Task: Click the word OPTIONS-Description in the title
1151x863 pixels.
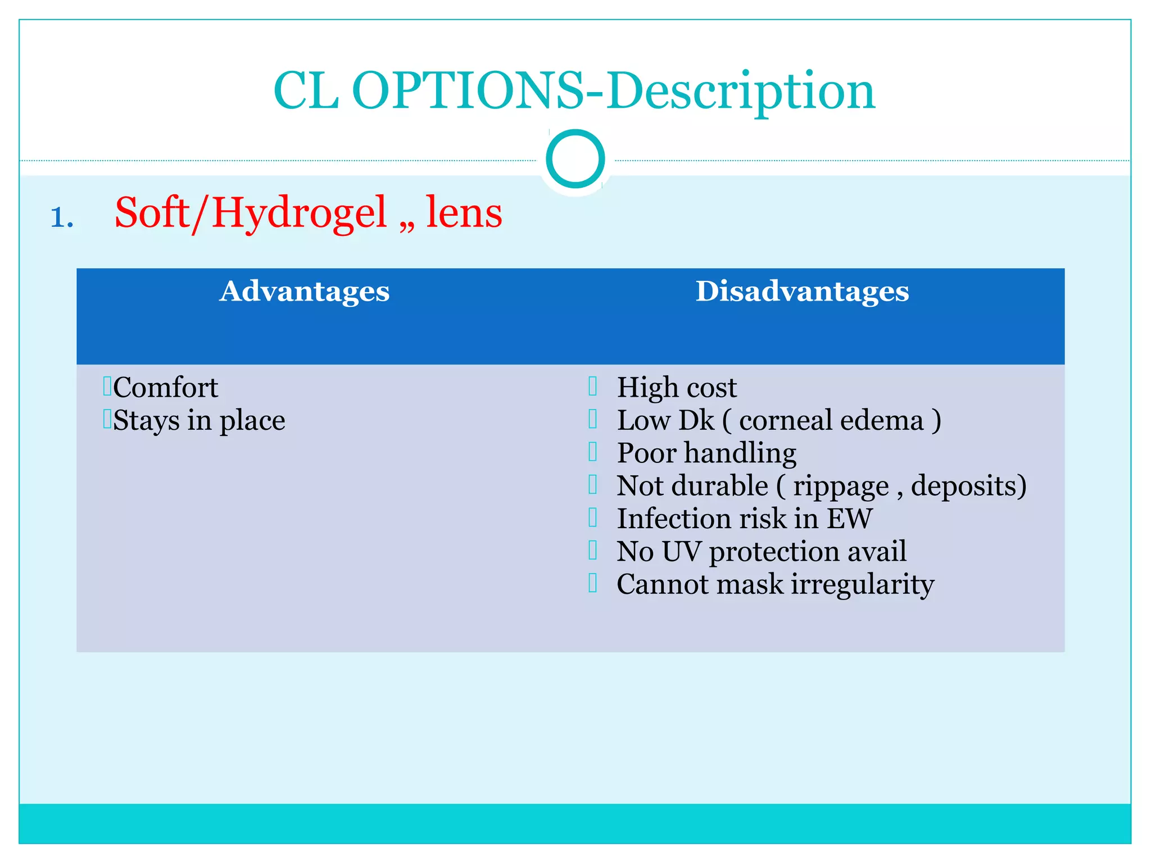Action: coord(613,91)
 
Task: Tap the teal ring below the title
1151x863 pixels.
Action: coord(575,158)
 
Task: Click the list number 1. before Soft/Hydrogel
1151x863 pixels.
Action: coord(62,218)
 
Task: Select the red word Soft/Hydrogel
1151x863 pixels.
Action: coord(251,214)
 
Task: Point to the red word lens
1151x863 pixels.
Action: coord(464,214)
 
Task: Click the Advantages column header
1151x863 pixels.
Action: coord(304,292)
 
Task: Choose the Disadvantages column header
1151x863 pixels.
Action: coord(802,292)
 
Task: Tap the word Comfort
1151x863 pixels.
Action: coord(165,388)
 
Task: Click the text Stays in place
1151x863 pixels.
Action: coord(199,421)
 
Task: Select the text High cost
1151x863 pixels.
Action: coord(677,388)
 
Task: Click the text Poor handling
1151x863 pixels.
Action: coord(706,453)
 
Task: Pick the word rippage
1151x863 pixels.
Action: coord(841,487)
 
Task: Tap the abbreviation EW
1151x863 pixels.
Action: coord(849,519)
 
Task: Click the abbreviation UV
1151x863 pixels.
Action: coord(681,551)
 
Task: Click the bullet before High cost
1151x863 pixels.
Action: coord(592,386)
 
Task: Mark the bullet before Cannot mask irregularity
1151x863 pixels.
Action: coord(592,583)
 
